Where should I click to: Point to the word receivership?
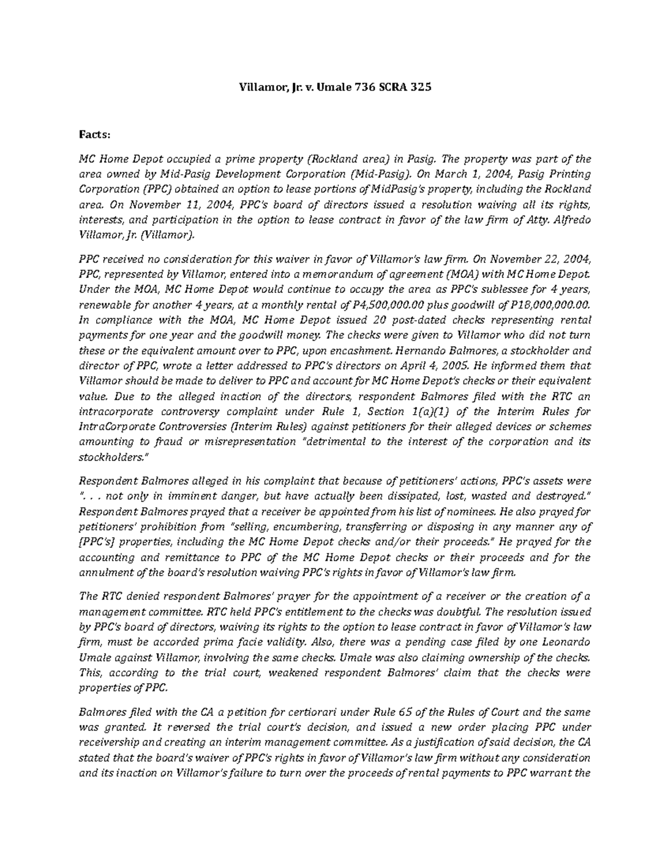point(110,743)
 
